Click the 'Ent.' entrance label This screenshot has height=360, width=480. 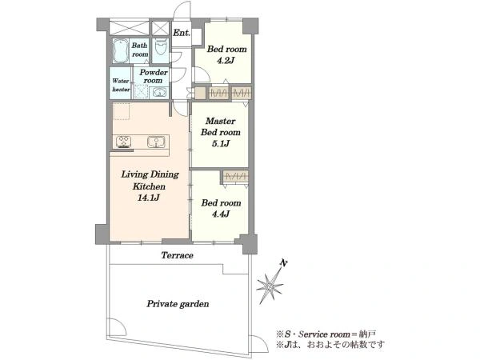182,33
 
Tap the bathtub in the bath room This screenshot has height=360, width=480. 120,51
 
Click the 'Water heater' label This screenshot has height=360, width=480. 121,85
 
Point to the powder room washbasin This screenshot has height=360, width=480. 159,92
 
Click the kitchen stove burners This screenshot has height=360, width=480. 124,142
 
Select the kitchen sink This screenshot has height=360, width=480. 156,142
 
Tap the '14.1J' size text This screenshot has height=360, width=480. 149,198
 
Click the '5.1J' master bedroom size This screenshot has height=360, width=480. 221,143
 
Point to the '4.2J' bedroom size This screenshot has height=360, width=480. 226,61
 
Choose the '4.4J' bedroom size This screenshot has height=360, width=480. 221,214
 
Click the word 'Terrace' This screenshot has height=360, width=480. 178,255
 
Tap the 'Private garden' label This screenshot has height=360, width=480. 178,304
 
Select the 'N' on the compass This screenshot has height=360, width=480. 284,263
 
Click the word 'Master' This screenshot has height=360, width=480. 221,122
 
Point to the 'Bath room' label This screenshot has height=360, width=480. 140,50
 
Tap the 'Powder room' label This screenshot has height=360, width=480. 154,77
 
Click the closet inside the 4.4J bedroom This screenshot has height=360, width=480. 235,176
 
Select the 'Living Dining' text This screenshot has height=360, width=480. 150,174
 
